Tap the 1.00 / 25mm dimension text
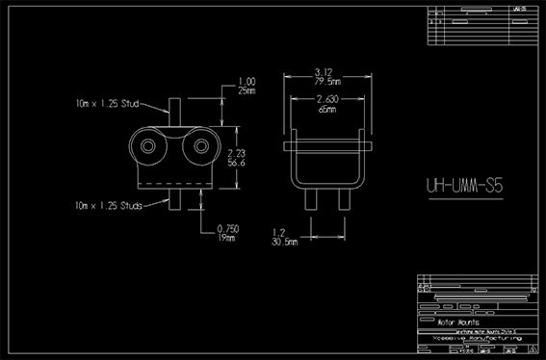pyautogui.click(x=247, y=86)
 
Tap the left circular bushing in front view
pyautogui.click(x=149, y=145)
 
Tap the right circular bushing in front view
pyautogui.click(x=200, y=145)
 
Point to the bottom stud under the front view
pyautogui.click(x=174, y=199)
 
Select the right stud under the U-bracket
pyautogui.click(x=342, y=199)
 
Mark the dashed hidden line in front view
pyautogui.click(x=174, y=180)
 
